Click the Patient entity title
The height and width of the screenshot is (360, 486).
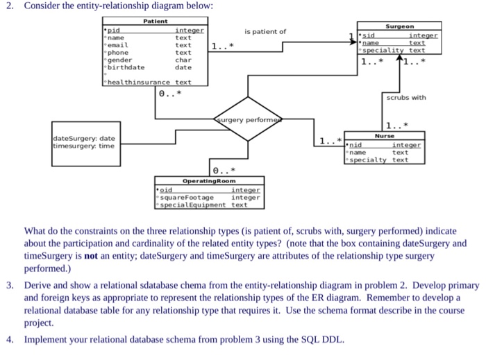click(x=155, y=22)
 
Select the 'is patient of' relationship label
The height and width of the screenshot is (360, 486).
click(x=265, y=31)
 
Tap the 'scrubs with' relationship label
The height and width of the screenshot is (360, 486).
click(x=406, y=98)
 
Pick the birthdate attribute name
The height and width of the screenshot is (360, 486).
click(x=125, y=67)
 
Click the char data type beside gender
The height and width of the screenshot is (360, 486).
click(x=183, y=60)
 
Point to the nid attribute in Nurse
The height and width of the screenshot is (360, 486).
click(x=355, y=145)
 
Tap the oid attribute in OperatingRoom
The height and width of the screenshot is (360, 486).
click(x=165, y=189)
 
